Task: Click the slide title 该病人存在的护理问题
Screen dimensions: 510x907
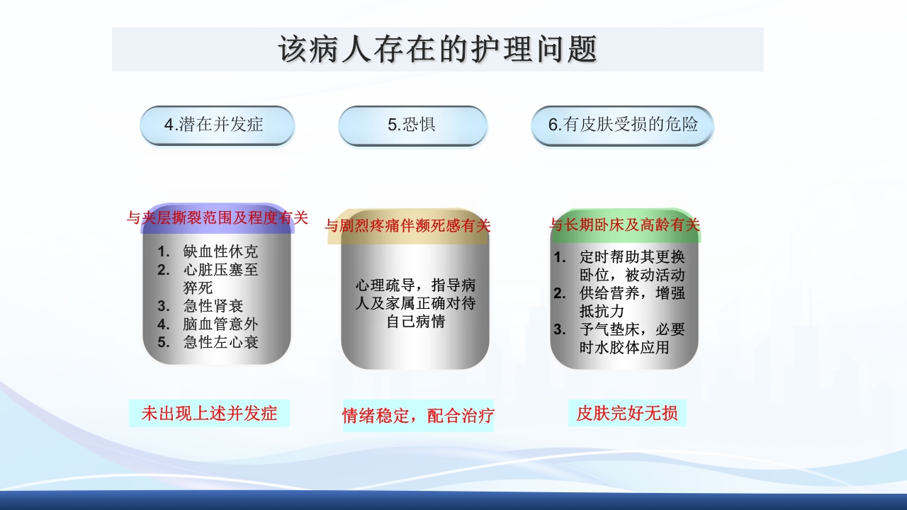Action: click(x=438, y=50)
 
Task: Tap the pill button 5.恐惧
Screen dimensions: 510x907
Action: click(x=412, y=125)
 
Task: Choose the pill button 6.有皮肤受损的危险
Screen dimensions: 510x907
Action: click(x=623, y=125)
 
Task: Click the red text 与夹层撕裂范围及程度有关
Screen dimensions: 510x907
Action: click(x=218, y=218)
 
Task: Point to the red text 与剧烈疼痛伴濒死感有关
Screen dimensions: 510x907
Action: click(x=407, y=226)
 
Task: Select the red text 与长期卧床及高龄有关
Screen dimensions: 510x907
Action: click(x=625, y=225)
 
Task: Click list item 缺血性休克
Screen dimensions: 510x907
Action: click(x=220, y=251)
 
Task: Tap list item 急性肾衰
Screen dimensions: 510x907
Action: click(x=213, y=306)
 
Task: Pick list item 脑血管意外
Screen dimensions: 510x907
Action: click(x=220, y=324)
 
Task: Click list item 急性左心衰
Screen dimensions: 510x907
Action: click(x=220, y=342)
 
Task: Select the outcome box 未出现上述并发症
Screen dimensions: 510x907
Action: click(x=209, y=413)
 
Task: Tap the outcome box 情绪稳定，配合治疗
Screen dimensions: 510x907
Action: click(x=418, y=416)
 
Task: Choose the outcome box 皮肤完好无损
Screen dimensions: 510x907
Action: click(x=627, y=413)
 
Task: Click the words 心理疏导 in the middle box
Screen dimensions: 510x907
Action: click(x=383, y=285)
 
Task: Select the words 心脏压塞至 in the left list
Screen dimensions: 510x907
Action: click(x=220, y=270)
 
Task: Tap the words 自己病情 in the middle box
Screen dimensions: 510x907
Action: click(x=415, y=322)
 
